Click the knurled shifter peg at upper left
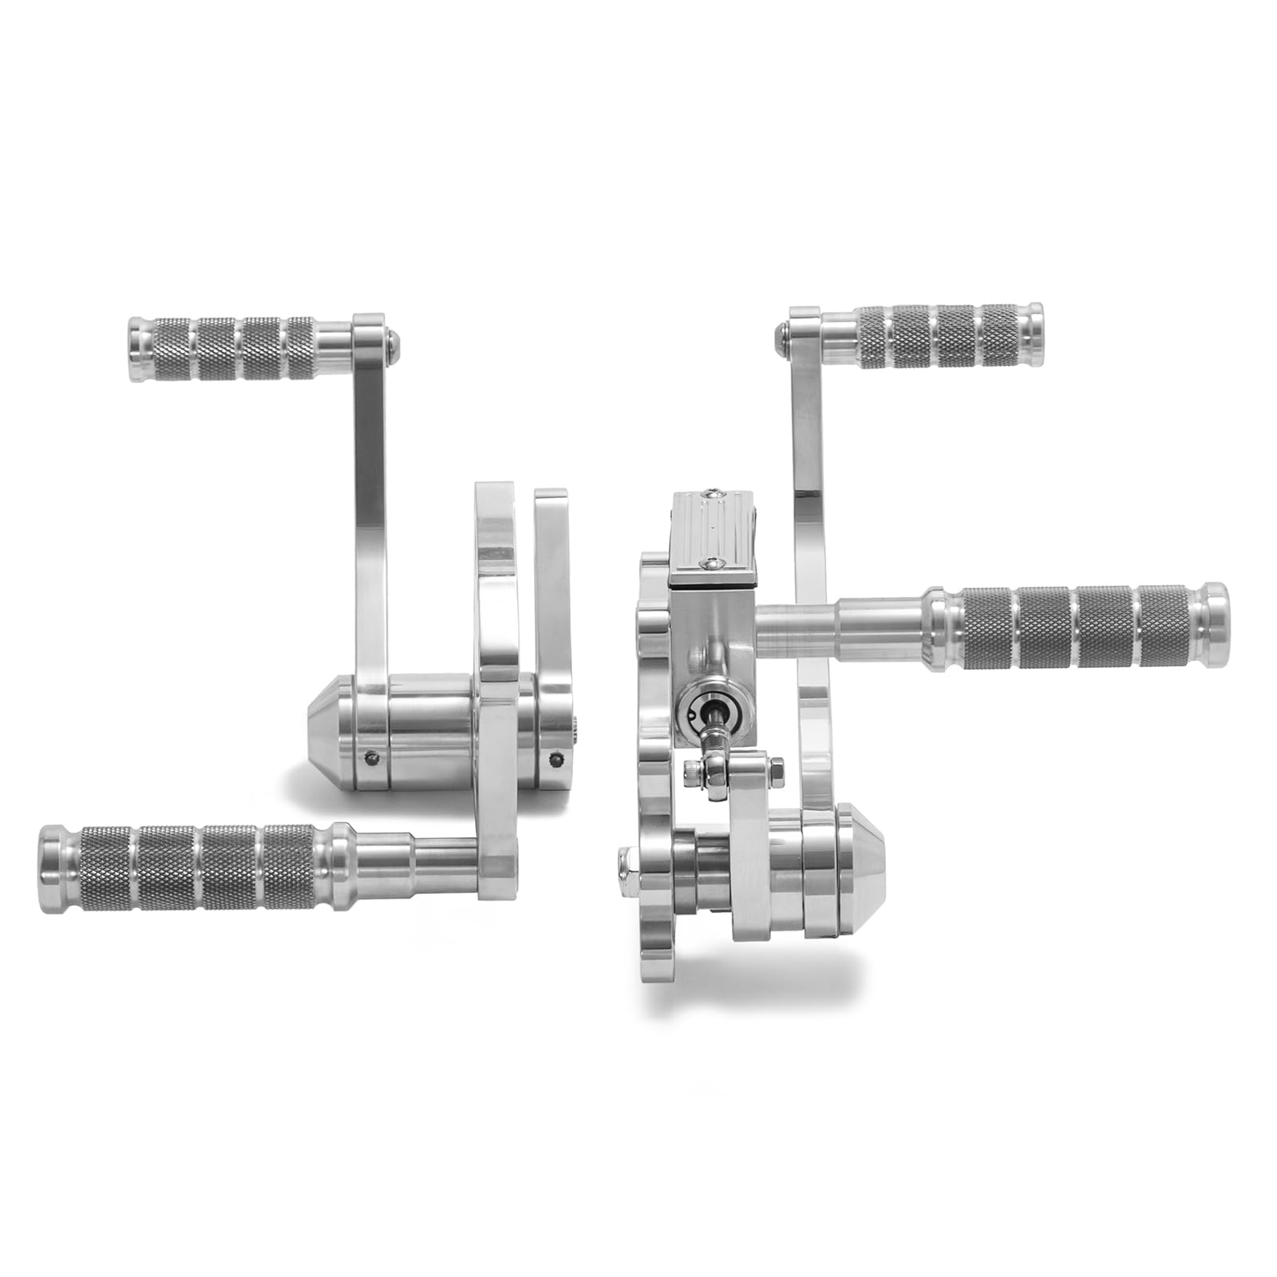(x=231, y=348)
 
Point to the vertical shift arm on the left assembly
(x=370, y=511)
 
